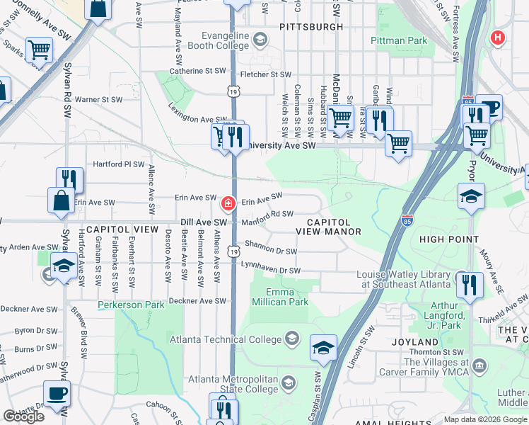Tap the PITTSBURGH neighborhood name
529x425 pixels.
click(x=311, y=27)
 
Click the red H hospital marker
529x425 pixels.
click(x=499, y=38)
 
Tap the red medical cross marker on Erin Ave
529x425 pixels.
click(x=228, y=204)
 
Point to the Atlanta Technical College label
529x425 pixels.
click(x=225, y=339)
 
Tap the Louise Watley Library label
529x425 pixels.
click(x=403, y=279)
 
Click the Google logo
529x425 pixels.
click(x=23, y=416)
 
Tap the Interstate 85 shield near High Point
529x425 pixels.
click(x=407, y=220)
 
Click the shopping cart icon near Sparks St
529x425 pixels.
click(x=39, y=50)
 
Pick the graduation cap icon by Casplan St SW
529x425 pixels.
click(x=322, y=347)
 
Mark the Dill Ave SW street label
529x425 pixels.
click(x=203, y=222)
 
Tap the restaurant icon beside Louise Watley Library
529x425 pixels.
click(x=469, y=285)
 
